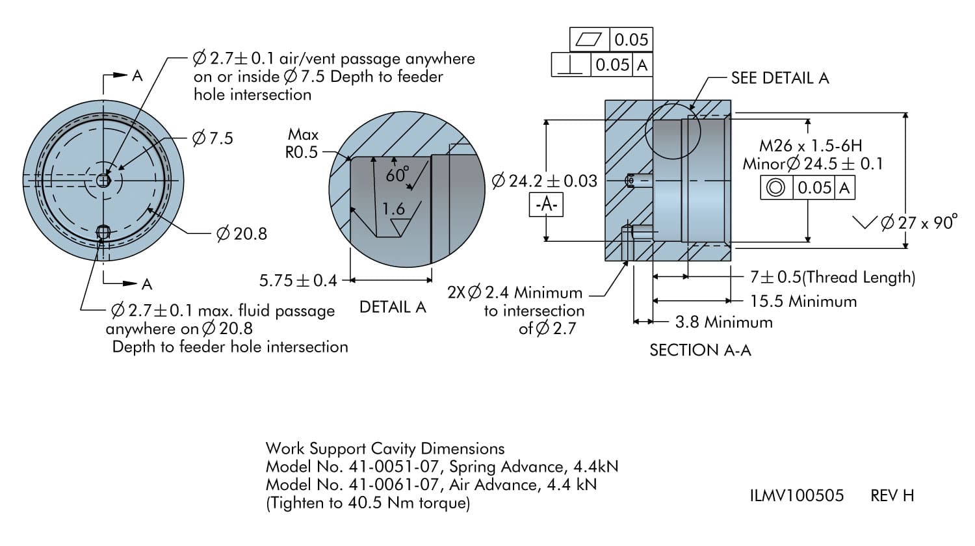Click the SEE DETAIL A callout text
coord(779,78)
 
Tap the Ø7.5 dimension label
coord(213,138)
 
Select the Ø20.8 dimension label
coord(241,234)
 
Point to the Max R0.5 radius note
coord(303,143)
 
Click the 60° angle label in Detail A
coord(397,174)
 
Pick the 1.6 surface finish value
coord(393,209)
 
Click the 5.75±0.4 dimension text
coord(298,281)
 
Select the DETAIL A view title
coord(393,307)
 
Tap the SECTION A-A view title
coord(700,350)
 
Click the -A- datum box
coord(546,205)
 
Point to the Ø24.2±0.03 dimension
coord(545,181)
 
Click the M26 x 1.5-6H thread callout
coord(811,146)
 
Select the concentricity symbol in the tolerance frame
coord(775,188)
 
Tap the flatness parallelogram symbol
coord(590,40)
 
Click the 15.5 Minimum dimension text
coord(803,302)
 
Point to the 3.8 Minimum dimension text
coord(724,322)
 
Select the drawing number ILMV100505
coord(796,496)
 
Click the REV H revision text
coord(892,496)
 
